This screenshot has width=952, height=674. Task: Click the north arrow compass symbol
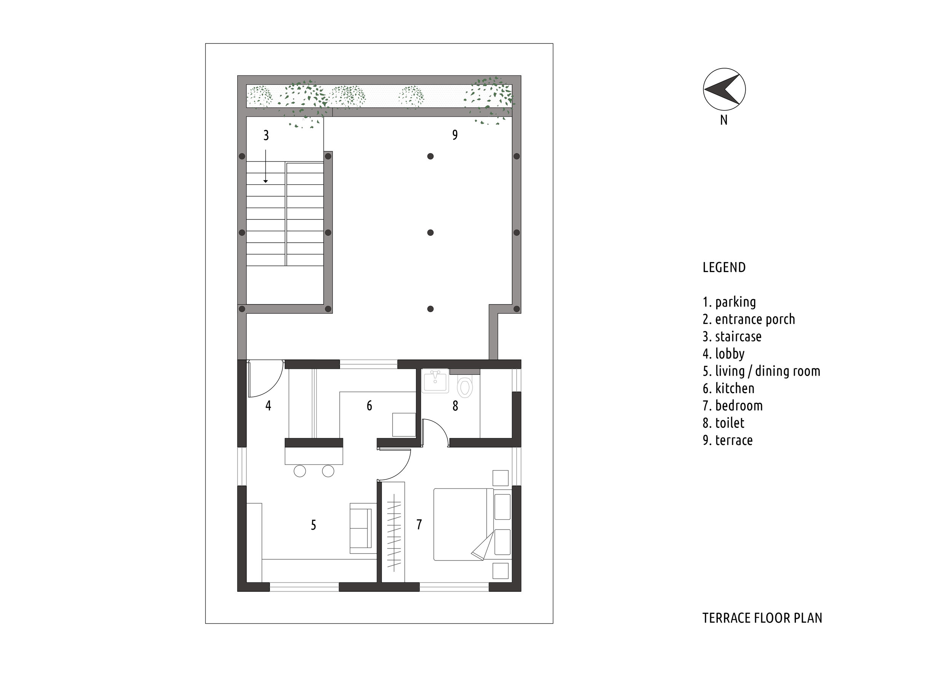point(724,89)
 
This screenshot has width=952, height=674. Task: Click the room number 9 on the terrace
point(455,135)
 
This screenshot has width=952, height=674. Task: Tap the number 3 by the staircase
point(266,135)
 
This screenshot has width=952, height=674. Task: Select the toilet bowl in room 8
point(465,387)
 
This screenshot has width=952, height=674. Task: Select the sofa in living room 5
point(361,528)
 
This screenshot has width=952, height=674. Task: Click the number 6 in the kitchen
point(369,405)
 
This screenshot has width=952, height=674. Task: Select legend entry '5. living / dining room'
point(761,371)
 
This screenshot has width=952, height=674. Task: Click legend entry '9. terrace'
point(728,440)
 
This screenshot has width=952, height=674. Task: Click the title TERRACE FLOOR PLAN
point(762,618)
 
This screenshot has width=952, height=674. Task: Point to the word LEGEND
point(724,267)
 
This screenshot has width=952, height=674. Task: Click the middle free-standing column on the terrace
point(430,233)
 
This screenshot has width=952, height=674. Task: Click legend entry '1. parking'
point(729,302)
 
